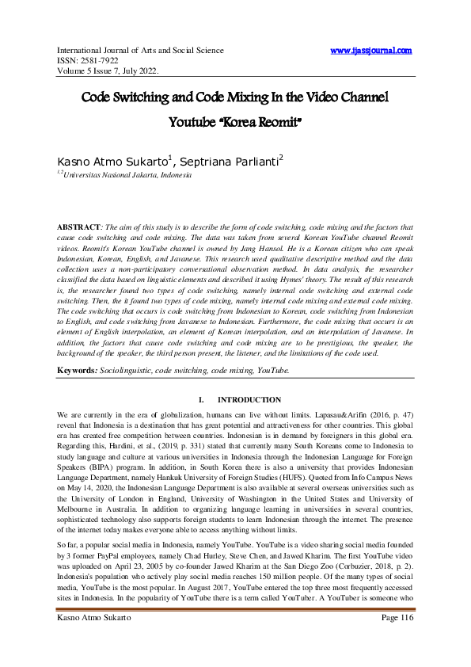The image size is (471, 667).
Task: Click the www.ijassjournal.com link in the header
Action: [370, 50]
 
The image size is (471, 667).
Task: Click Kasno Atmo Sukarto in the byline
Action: [123, 162]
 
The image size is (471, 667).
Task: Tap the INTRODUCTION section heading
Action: [249, 400]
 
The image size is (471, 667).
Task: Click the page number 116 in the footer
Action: [405, 640]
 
